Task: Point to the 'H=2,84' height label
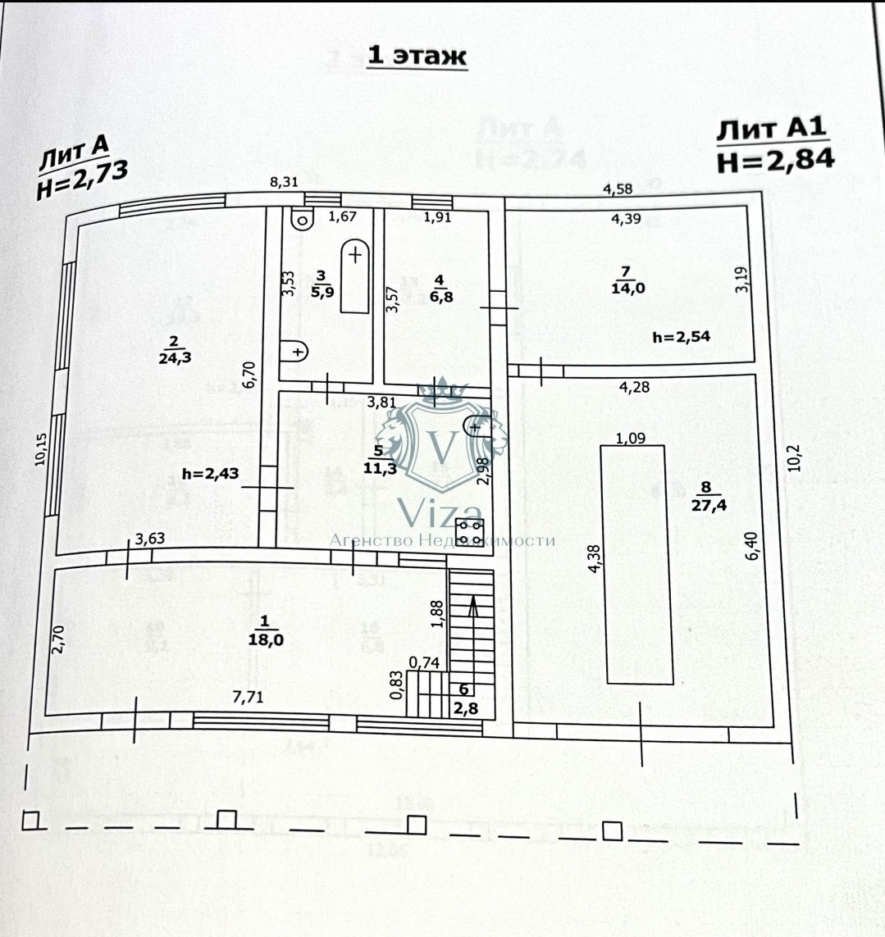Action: click(x=775, y=159)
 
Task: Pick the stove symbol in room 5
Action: click(x=471, y=531)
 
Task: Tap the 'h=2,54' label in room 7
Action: click(x=681, y=336)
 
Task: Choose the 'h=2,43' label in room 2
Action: click(x=210, y=473)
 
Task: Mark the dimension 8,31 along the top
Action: click(x=284, y=183)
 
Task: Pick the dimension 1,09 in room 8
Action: click(x=630, y=437)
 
